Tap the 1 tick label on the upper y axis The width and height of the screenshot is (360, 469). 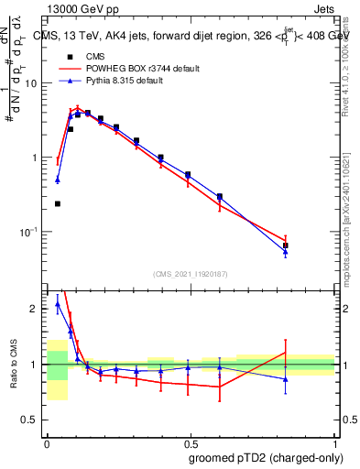37,158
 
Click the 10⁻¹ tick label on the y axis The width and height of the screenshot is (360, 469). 31,233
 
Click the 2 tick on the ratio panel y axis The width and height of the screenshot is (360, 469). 37,309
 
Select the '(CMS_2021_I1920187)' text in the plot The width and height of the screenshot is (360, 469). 191,273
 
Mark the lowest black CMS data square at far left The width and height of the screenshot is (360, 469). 58,203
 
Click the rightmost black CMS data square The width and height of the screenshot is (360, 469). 286,245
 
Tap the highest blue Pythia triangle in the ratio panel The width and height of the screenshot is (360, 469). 58,304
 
